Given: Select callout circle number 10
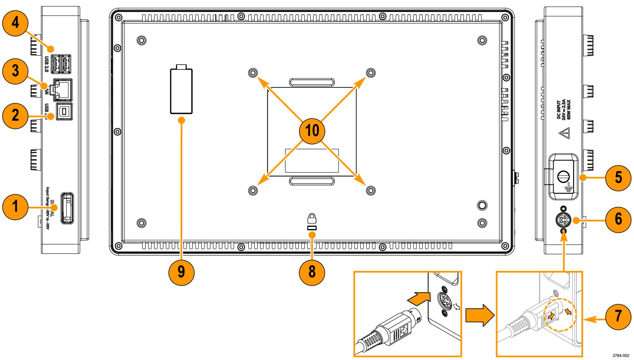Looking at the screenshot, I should coord(312,130).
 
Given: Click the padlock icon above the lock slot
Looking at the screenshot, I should coord(312,218).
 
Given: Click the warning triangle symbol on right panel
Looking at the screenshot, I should coord(564,134).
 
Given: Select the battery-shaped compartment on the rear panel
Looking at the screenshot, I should coord(181,91).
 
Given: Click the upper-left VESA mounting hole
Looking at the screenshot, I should coord(253,72).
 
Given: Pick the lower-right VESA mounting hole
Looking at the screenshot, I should coord(370,190).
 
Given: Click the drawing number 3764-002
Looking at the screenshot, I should coord(620,355).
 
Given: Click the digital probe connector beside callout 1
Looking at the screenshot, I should coord(67,207).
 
